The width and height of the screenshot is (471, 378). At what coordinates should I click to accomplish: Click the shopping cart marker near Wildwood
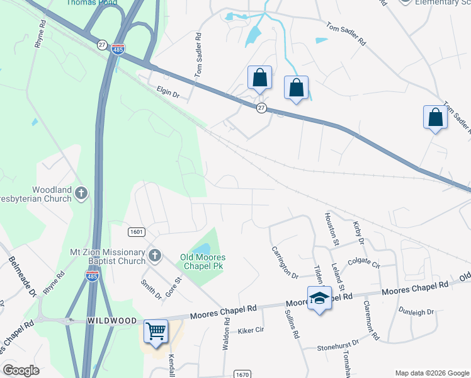point(156,330)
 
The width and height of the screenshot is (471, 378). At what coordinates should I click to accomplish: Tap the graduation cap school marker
point(319,298)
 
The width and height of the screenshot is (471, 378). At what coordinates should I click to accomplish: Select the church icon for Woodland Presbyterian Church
point(81,193)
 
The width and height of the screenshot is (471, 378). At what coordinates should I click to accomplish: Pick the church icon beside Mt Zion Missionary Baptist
point(155,255)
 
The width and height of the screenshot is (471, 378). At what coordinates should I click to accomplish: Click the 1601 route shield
point(137,232)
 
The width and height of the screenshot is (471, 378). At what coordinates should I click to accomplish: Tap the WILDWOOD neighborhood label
point(111,321)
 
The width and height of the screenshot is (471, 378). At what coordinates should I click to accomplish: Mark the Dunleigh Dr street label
point(417,311)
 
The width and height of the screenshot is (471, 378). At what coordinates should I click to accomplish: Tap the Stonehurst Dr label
point(338,345)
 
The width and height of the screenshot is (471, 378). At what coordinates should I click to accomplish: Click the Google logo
point(21,370)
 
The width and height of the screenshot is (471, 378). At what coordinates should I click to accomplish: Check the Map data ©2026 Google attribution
point(431,373)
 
